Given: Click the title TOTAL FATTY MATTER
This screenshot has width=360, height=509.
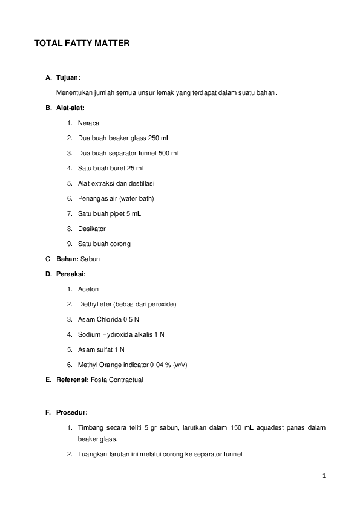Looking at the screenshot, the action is click(x=82, y=44).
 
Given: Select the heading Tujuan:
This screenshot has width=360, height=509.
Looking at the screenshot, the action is click(x=68, y=77).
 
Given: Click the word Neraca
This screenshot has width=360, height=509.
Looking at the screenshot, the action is click(x=88, y=123).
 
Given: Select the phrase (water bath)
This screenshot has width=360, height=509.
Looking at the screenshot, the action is click(x=136, y=198).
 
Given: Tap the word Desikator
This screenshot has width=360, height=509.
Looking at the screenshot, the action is click(x=92, y=229).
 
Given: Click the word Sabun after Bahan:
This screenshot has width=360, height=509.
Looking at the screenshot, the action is click(x=90, y=259).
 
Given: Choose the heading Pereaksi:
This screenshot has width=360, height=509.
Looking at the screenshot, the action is click(x=71, y=274).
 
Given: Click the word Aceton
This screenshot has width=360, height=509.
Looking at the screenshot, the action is click(x=88, y=289).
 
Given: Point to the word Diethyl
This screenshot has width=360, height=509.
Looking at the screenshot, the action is click(x=89, y=304).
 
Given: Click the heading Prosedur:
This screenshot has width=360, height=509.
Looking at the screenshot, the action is click(x=72, y=413).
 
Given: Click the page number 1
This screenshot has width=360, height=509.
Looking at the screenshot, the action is click(x=324, y=476).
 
